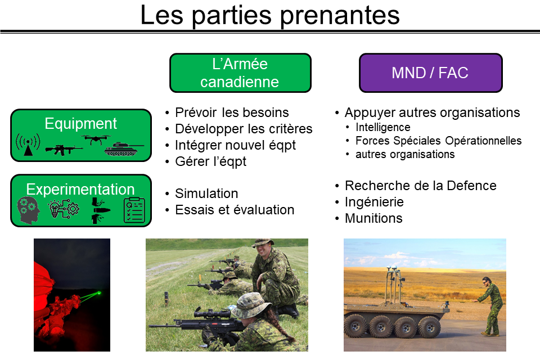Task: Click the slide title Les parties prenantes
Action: pyautogui.click(x=270, y=16)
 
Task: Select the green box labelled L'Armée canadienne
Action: pyautogui.click(x=240, y=73)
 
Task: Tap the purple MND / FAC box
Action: pyautogui.click(x=430, y=73)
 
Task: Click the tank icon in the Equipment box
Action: pyautogui.click(x=123, y=149)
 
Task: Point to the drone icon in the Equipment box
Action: pyautogui.click(x=96, y=139)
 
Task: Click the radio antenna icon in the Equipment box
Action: pyautogui.click(x=28, y=145)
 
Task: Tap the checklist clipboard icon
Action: pyautogui.click(x=134, y=210)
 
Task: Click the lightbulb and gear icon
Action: pyautogui.click(x=64, y=209)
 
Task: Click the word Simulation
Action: pyautogui.click(x=206, y=193)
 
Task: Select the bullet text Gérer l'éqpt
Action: pyautogui.click(x=210, y=161)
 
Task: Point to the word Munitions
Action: pyautogui.click(x=373, y=218)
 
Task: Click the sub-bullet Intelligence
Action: pyautogui.click(x=383, y=127)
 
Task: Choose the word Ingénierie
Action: pyautogui.click(x=374, y=202)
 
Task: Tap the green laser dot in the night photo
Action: pyautogui.click(x=99, y=293)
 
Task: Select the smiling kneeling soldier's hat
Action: pyautogui.click(x=263, y=243)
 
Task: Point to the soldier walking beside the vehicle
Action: pyautogui.click(x=491, y=306)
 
